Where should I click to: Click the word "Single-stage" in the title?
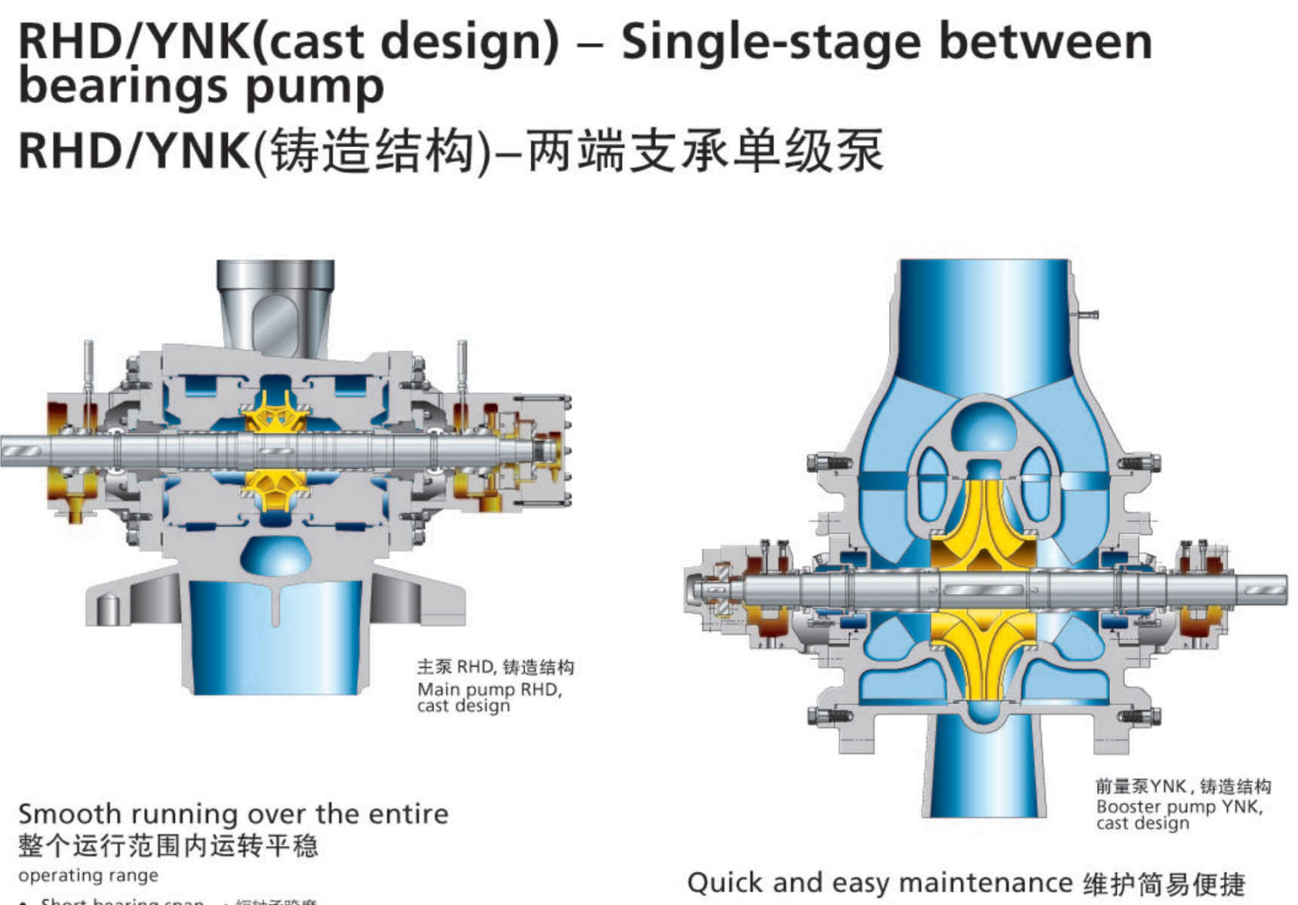pyautogui.click(x=770, y=42)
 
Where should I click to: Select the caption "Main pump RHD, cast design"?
pyautogui.click(x=489, y=698)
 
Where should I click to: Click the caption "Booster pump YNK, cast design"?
pyautogui.click(x=1179, y=814)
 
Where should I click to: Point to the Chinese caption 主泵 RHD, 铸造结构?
pyautogui.click(x=495, y=667)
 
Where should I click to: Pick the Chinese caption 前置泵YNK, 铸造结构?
pyautogui.click(x=1183, y=787)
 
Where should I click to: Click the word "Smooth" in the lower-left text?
pyautogui.click(x=69, y=814)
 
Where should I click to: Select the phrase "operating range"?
pyautogui.click(x=88, y=876)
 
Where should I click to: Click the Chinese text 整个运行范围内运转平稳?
pyautogui.click(x=168, y=846)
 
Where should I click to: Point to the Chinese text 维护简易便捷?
pyautogui.click(x=1164, y=884)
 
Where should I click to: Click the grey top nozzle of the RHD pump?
pyautogui.click(x=275, y=302)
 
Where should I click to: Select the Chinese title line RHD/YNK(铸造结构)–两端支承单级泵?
pyautogui.click(x=451, y=151)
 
